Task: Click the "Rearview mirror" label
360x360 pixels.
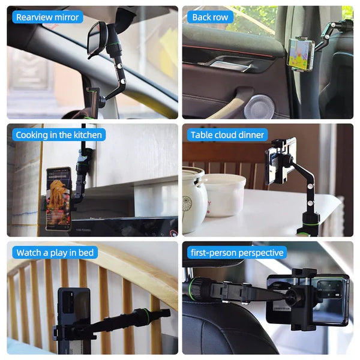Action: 47,17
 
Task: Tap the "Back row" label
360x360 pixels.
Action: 210,17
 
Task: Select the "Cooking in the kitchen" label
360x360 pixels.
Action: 59,135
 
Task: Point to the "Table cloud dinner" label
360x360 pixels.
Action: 227,135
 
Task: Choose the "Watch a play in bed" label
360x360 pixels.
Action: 55,253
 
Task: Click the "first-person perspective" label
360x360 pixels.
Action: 237,253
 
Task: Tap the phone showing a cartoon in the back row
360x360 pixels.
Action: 301,54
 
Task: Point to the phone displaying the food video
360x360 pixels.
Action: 58,199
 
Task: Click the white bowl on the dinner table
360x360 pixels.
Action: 224,195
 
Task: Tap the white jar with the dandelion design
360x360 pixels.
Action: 194,199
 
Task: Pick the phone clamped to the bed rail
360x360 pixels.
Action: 73,320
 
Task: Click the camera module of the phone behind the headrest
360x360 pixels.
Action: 329,288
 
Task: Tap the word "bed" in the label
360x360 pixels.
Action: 86,253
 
